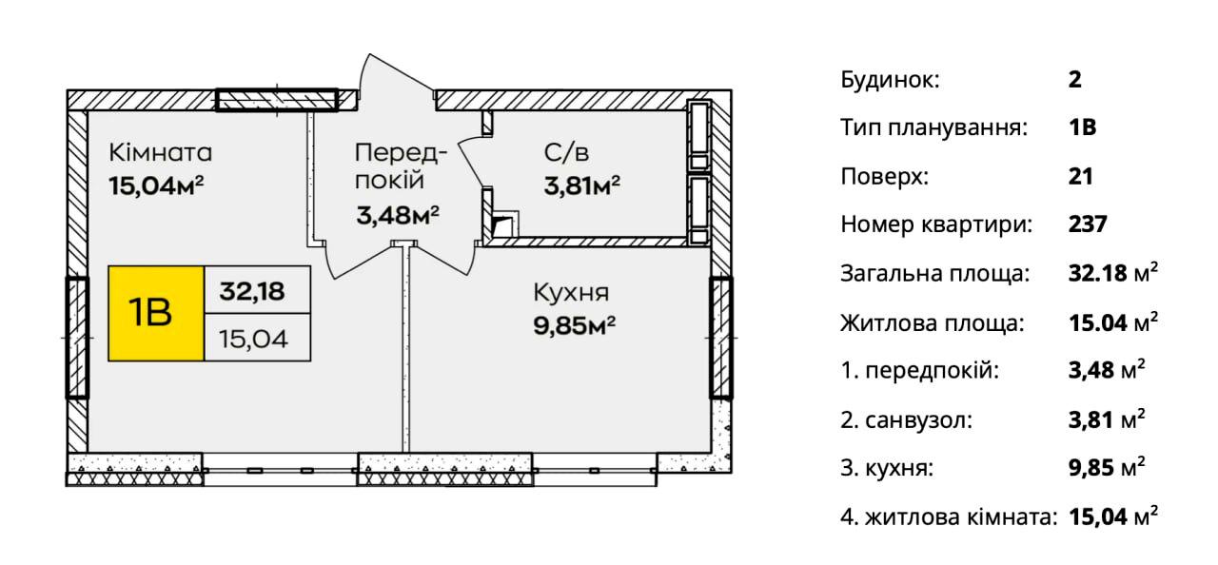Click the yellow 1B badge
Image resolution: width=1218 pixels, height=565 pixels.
[156, 314]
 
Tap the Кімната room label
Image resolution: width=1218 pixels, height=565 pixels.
[161, 152]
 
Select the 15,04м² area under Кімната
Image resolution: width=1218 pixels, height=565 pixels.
[156, 186]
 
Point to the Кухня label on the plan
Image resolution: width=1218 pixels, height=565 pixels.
[571, 293]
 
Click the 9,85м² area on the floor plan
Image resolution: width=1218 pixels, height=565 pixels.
[574, 326]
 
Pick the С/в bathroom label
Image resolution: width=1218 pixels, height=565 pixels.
[566, 152]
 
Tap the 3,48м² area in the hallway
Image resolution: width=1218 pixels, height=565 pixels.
[398, 215]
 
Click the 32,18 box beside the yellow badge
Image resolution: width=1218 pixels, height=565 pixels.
[257, 289]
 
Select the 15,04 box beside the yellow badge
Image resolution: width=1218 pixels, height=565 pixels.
[257, 338]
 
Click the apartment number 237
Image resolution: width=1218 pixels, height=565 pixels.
[1088, 224]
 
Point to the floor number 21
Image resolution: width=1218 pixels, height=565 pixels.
[1080, 177]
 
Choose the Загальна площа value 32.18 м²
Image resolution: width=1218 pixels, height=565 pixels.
[1113, 273]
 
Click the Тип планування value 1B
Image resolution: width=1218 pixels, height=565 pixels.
[1082, 127]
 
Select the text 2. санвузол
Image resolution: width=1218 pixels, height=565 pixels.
[907, 420]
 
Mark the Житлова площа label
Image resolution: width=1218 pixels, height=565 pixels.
[932, 323]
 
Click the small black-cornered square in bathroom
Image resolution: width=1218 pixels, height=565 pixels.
[504, 224]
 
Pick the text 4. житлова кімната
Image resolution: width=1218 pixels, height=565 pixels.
[949, 517]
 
